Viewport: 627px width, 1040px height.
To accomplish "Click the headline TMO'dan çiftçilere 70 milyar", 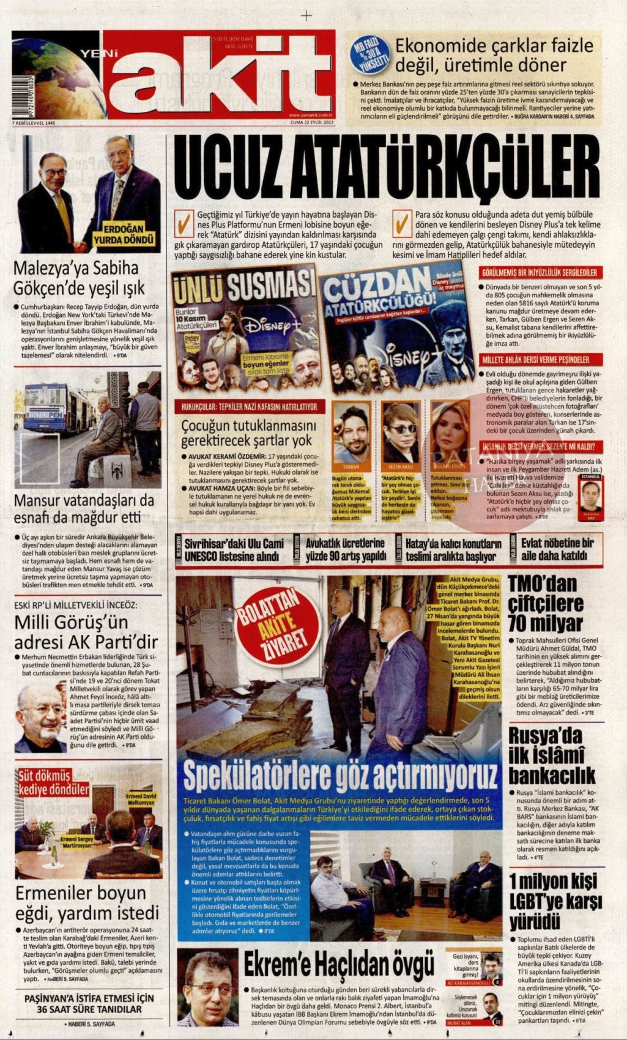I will (x=546, y=604).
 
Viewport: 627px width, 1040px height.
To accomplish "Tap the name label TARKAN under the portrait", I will (x=351, y=466).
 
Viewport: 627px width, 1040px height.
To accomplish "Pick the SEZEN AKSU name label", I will (x=400, y=466).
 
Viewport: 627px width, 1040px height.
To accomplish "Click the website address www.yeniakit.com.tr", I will (x=311, y=114).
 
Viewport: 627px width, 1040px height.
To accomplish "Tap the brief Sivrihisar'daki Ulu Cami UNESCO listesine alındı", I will (x=236, y=549).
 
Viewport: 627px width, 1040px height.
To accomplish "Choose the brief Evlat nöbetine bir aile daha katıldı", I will (x=557, y=549).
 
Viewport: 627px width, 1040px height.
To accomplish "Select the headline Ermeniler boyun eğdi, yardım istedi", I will (x=87, y=903).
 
